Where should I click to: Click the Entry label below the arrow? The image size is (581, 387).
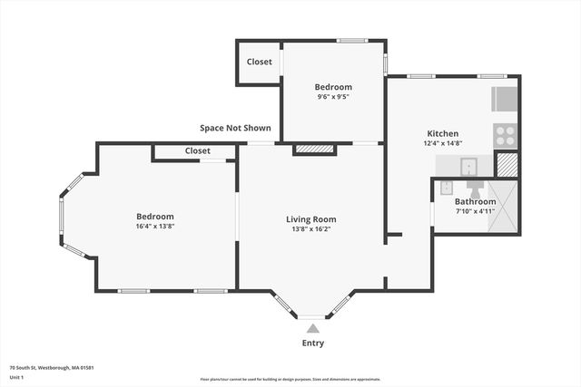click(312, 343)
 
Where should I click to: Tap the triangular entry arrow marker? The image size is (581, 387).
click(312, 328)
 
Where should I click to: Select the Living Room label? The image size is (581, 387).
click(311, 219)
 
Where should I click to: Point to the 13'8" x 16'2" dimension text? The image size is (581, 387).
click(311, 229)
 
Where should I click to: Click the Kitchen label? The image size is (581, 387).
click(443, 133)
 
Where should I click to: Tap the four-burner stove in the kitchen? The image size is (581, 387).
click(505, 136)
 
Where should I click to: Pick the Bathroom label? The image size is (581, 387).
click(476, 201)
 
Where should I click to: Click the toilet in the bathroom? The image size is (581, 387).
click(474, 189)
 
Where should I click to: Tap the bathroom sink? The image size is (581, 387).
click(446, 188)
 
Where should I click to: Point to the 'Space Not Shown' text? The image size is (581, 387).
click(235, 129)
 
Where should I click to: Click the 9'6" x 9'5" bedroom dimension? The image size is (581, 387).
click(333, 97)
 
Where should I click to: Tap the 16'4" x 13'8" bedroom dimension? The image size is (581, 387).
click(155, 227)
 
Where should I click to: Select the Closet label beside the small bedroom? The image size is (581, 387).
click(260, 63)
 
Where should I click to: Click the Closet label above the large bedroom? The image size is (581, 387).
click(197, 150)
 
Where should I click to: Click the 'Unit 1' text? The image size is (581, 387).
click(16, 377)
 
